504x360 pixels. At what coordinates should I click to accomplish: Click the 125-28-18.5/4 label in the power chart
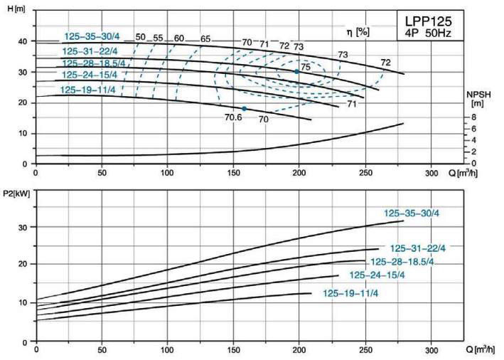pos(402,262)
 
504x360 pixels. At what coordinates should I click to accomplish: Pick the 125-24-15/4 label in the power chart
pos(377,275)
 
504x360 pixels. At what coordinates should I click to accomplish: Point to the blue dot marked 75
pos(297,72)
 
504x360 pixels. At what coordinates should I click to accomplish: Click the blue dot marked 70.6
pos(244,109)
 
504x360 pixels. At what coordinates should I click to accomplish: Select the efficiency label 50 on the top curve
pos(140,37)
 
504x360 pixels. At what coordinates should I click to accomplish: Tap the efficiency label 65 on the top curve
pos(205,38)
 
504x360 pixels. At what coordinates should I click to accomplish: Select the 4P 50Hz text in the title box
pos(424,33)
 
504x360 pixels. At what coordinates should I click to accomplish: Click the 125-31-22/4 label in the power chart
pos(418,248)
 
